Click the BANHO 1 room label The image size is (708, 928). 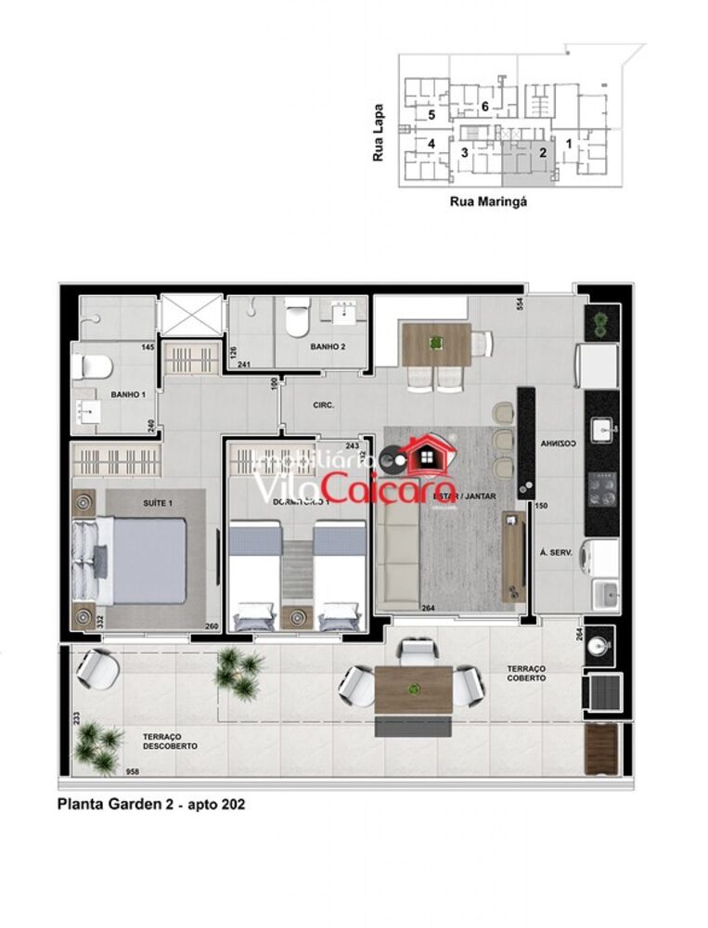tap(130, 393)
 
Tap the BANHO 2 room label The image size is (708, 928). tap(328, 346)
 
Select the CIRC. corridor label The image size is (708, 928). tap(324, 406)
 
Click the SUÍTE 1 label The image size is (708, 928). tap(157, 502)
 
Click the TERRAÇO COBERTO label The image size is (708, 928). tap(526, 673)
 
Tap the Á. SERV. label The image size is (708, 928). tap(555, 551)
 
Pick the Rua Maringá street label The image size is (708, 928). tap(488, 200)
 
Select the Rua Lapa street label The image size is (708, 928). tap(379, 144)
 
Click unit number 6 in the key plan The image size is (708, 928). tap(484, 107)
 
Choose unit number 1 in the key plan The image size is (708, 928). tap(569, 145)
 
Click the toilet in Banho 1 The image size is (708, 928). tap(93, 364)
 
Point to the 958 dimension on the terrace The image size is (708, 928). tap(133, 771)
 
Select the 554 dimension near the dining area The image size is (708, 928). tap(521, 307)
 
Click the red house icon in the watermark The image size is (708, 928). tap(428, 455)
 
